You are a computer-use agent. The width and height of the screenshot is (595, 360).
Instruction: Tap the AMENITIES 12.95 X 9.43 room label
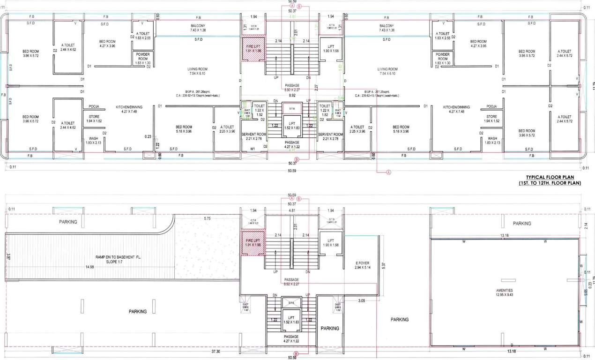coord(504,293)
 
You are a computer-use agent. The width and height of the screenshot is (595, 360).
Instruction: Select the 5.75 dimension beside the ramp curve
coord(207,218)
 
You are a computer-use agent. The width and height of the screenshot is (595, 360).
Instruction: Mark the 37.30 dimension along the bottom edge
coord(216,351)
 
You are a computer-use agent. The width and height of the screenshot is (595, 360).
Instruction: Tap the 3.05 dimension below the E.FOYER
coord(361,300)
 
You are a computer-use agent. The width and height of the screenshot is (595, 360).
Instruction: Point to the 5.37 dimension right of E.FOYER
coord(384,265)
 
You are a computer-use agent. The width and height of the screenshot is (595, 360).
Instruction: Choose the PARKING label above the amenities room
coord(521,224)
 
